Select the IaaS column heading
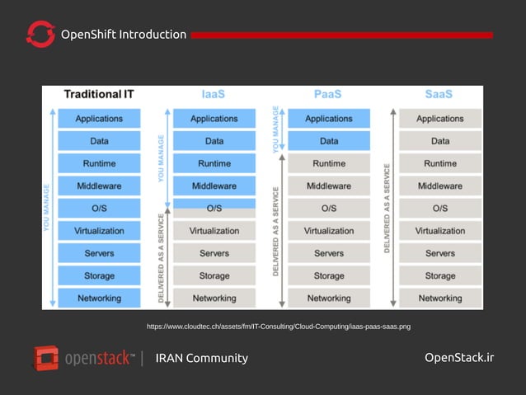[214, 94]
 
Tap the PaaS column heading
[328, 94]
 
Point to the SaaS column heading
[439, 94]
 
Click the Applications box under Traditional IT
[99, 119]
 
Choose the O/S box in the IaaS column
[214, 208]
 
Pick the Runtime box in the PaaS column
[329, 163]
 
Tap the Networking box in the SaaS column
[440, 298]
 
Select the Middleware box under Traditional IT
[99, 186]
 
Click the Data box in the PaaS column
[329, 141]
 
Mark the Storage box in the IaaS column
[214, 275]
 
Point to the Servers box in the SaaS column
[440, 253]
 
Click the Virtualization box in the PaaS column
[329, 231]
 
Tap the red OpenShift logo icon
[40, 35]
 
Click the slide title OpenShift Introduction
[124, 35]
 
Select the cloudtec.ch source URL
[279, 327]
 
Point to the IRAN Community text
[201, 358]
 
